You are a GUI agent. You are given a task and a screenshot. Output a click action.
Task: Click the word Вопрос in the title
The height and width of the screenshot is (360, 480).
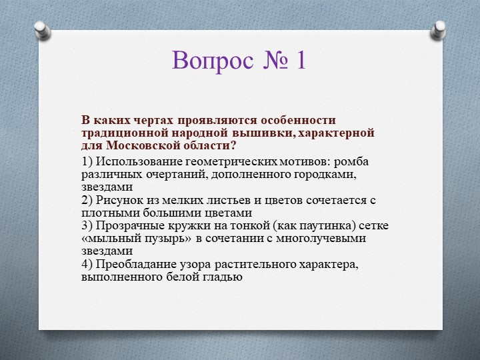click(x=212, y=61)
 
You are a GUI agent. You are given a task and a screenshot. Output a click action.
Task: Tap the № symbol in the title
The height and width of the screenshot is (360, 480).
click(x=276, y=61)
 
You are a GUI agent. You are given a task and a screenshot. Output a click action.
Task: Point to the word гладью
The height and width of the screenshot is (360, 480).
click(x=223, y=277)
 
